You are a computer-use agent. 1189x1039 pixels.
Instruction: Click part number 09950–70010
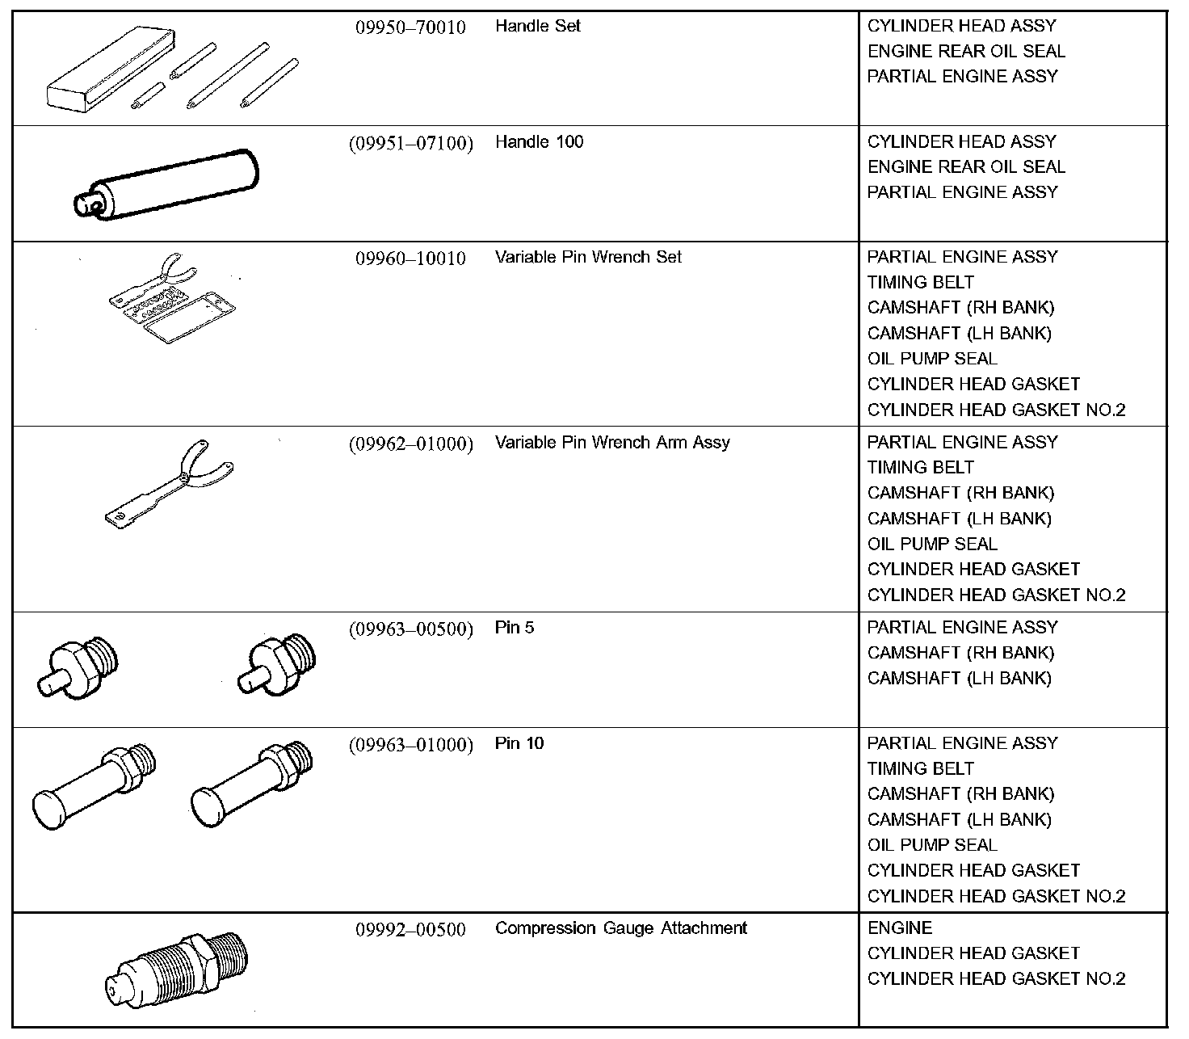pos(410,27)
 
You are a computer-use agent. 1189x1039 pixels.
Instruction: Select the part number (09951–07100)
pos(410,144)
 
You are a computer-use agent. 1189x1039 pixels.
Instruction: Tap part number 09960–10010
pos(410,259)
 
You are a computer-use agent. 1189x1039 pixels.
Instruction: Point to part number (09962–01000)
pos(410,444)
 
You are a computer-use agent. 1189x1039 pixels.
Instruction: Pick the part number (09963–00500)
pos(410,629)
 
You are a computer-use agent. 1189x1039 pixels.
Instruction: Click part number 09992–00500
pos(410,930)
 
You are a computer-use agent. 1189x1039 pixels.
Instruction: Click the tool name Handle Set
pos(538,26)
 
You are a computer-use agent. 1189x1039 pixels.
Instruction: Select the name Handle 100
pos(539,142)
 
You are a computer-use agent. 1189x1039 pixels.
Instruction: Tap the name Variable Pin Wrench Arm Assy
pos(612,443)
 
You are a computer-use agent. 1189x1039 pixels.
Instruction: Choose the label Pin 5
pos(515,628)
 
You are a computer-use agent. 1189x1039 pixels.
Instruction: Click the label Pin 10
pos(519,743)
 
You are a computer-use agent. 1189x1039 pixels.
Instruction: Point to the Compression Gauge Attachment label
pos(620,928)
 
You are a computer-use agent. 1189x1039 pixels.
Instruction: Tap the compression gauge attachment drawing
pos(177,970)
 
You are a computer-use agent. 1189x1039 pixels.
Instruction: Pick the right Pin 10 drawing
pos(250,782)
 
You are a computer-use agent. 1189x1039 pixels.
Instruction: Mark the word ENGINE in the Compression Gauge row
pos(900,928)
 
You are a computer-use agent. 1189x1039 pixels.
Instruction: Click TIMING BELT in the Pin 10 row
pos(920,768)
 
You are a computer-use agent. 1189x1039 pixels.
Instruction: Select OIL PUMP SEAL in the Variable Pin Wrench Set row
pos(932,359)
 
